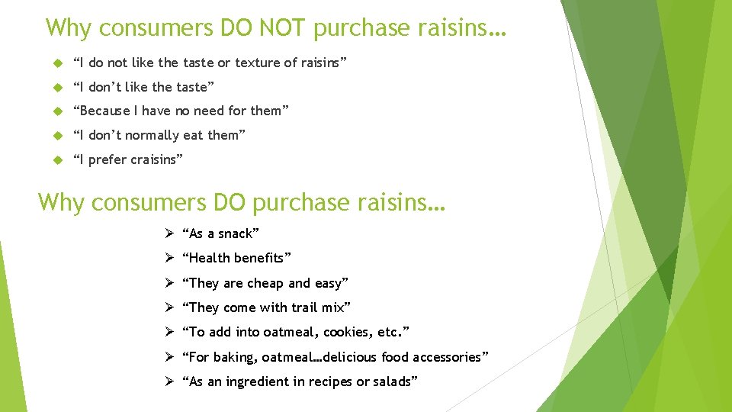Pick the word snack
[x=235, y=234]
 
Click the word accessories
[x=441, y=357]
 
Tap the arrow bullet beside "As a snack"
[x=169, y=233]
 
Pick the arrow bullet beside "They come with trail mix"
[x=169, y=307]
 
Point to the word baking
[x=233, y=357]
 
